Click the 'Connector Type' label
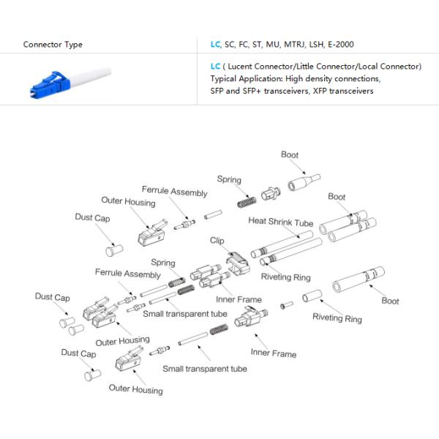53,45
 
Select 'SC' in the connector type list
230,45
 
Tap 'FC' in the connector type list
245,45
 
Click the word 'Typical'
224,78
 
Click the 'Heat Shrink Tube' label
280,222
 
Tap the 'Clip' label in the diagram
217,240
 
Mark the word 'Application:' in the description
263,78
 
